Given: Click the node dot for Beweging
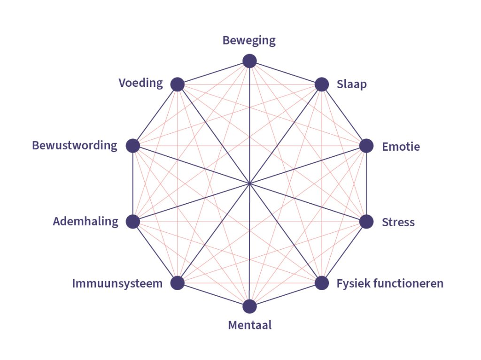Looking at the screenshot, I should click(249, 61).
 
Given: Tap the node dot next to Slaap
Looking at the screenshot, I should click(321, 84).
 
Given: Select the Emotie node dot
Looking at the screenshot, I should click(366, 146).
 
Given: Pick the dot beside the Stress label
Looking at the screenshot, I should click(366, 222).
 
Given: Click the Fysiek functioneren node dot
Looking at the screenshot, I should click(321, 283).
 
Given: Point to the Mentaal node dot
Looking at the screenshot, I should click(249, 306).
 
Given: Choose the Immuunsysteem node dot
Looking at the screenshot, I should click(177, 283).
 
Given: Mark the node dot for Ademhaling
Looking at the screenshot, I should click(133, 222).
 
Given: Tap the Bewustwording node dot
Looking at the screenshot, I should click(133, 146).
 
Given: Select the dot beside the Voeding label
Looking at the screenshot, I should click(177, 84).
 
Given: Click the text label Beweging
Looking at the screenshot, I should click(249, 41).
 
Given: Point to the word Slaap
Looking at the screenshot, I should click(351, 85).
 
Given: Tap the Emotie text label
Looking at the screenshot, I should click(401, 147).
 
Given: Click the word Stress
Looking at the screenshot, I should click(398, 222).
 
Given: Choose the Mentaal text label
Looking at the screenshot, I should click(249, 325).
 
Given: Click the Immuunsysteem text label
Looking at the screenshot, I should click(117, 284).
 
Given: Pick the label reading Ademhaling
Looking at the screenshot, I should click(85, 222).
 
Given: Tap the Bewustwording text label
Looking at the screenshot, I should click(75, 146).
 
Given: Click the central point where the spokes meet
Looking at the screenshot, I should click(249, 184).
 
